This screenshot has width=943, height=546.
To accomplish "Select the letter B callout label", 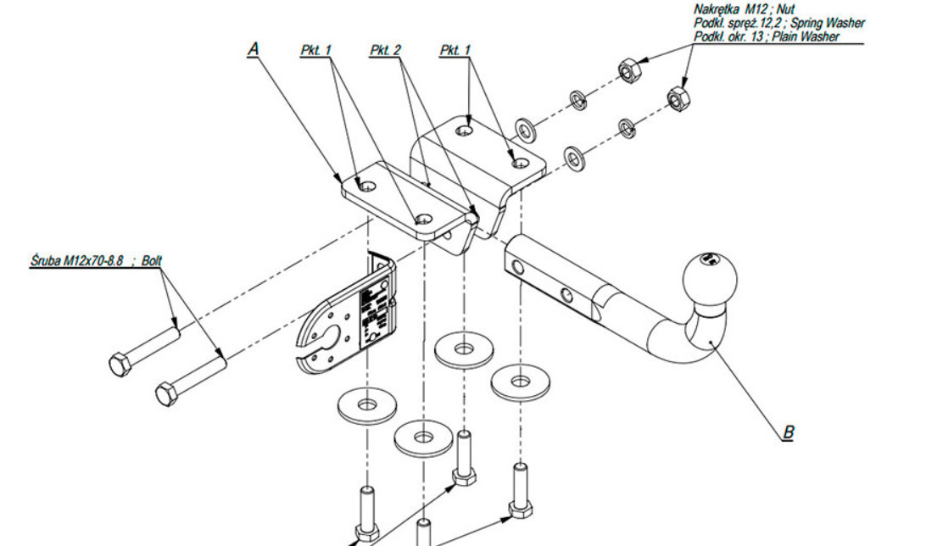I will (x=789, y=432).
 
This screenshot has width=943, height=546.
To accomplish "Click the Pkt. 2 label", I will (x=385, y=52).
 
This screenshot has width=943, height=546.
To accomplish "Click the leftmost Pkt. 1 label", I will (x=315, y=52).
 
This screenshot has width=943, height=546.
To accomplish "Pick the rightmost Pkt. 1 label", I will (x=455, y=52).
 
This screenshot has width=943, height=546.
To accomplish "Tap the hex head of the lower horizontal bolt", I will (x=167, y=393).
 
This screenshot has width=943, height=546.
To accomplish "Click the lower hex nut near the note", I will (x=678, y=98).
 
